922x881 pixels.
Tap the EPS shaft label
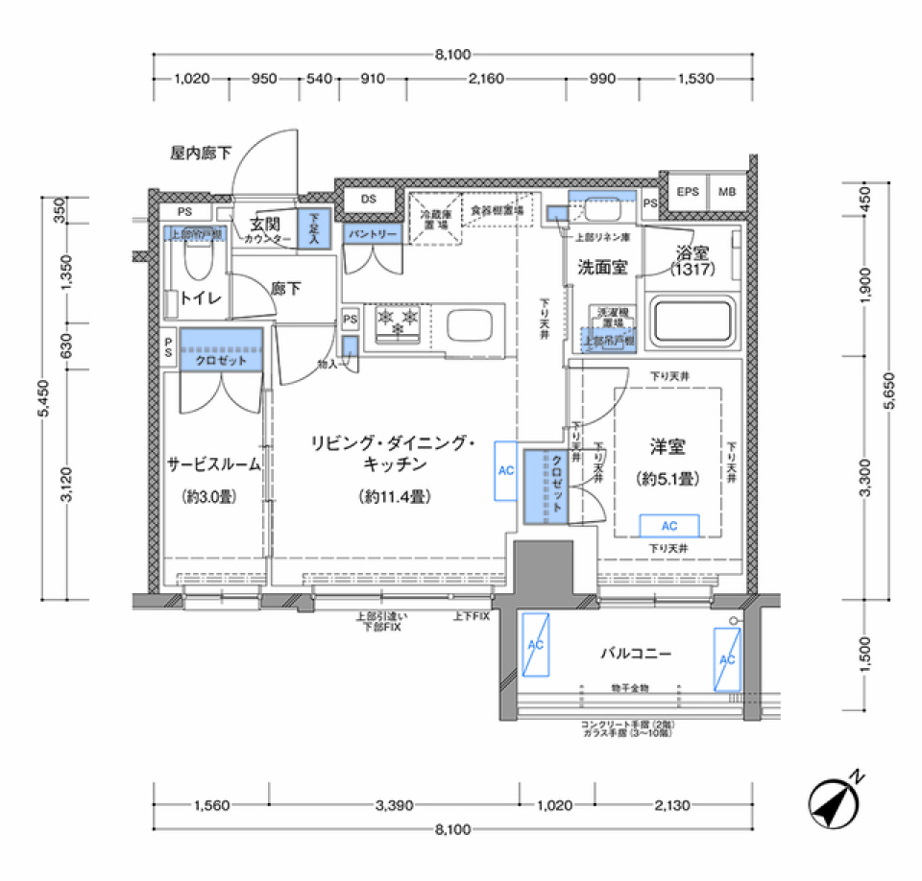(687, 192)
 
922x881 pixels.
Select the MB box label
(727, 192)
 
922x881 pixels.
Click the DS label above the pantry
(368, 199)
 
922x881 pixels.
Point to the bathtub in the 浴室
(692, 323)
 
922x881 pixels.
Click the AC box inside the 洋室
(669, 526)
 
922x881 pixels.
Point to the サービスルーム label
(214, 464)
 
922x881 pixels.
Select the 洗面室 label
(602, 268)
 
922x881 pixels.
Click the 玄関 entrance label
(264, 224)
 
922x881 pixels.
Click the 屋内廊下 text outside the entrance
(201, 152)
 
